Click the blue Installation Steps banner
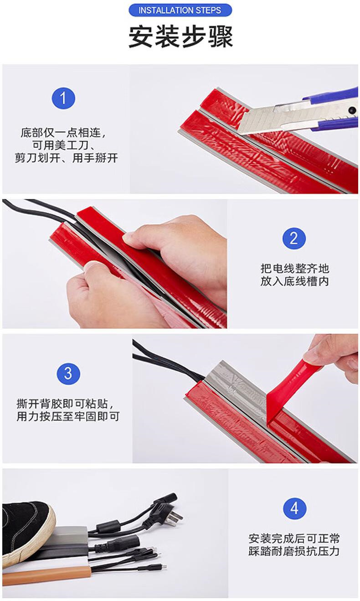(180, 10)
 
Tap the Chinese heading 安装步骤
(180, 36)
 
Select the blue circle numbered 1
(63, 98)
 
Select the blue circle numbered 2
(294, 238)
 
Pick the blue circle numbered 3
(68, 373)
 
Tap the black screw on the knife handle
(351, 110)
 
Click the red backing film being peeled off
(292, 383)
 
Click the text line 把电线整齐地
(294, 268)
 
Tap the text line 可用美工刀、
(63, 145)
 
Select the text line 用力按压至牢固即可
(68, 416)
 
